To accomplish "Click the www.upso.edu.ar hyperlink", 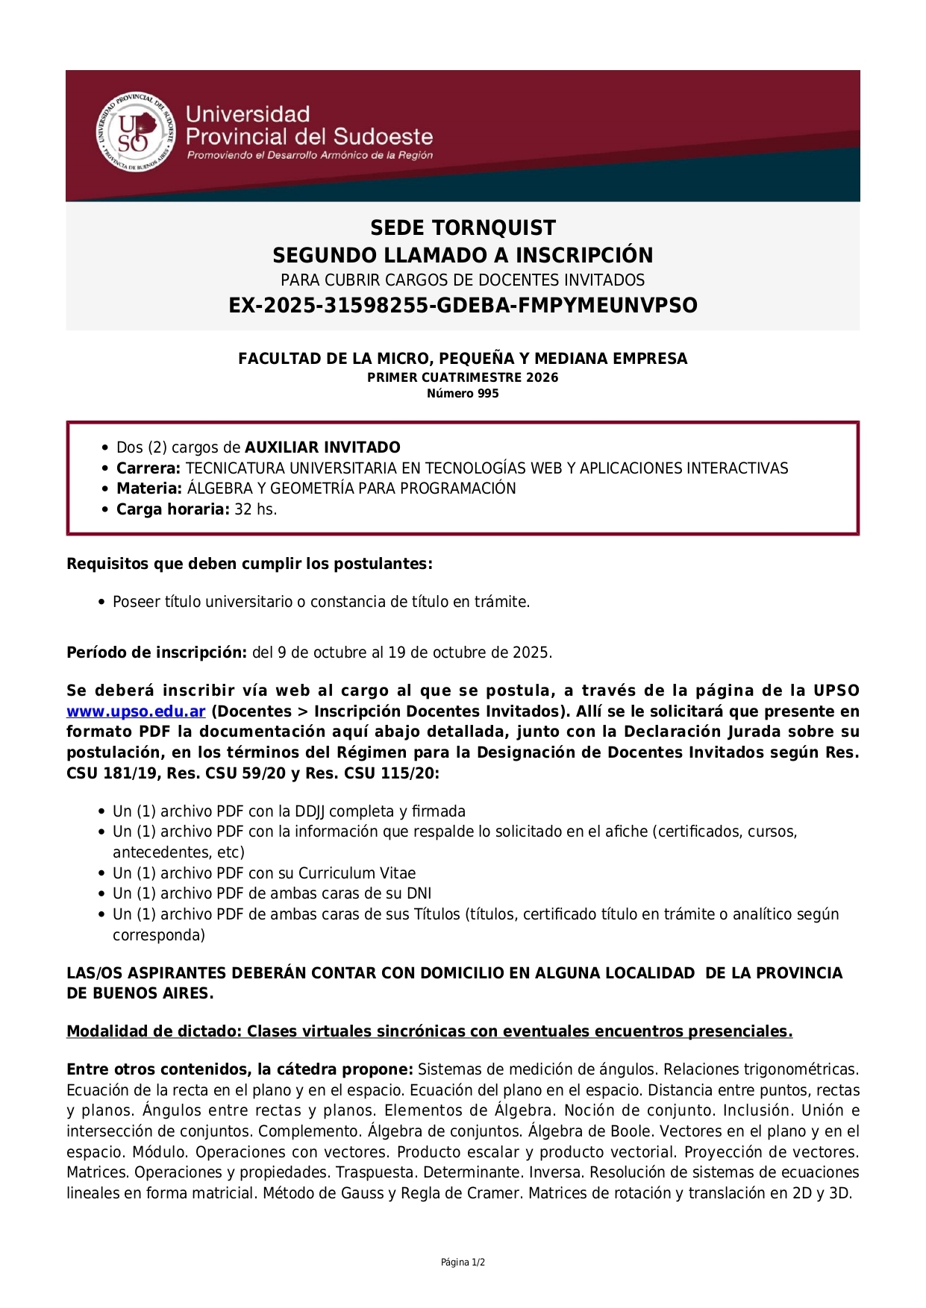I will tap(136, 711).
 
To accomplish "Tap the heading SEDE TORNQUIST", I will tap(463, 227).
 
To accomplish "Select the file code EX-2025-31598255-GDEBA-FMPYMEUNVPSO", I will tap(463, 305).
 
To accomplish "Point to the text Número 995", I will tap(463, 394).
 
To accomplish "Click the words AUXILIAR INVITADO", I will tap(322, 447).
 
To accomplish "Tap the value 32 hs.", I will tap(256, 509).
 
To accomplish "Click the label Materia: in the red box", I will tap(149, 488).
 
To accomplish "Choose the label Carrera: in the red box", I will tap(148, 468).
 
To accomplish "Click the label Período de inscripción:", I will tap(157, 653).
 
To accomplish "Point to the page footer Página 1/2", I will tap(463, 1263).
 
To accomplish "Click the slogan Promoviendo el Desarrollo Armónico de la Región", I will tap(310, 155).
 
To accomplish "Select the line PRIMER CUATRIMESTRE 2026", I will tap(463, 377).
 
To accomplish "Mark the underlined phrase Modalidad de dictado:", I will tap(154, 1031).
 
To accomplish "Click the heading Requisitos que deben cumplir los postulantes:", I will tap(249, 564).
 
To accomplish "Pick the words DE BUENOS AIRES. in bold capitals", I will tap(140, 993).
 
